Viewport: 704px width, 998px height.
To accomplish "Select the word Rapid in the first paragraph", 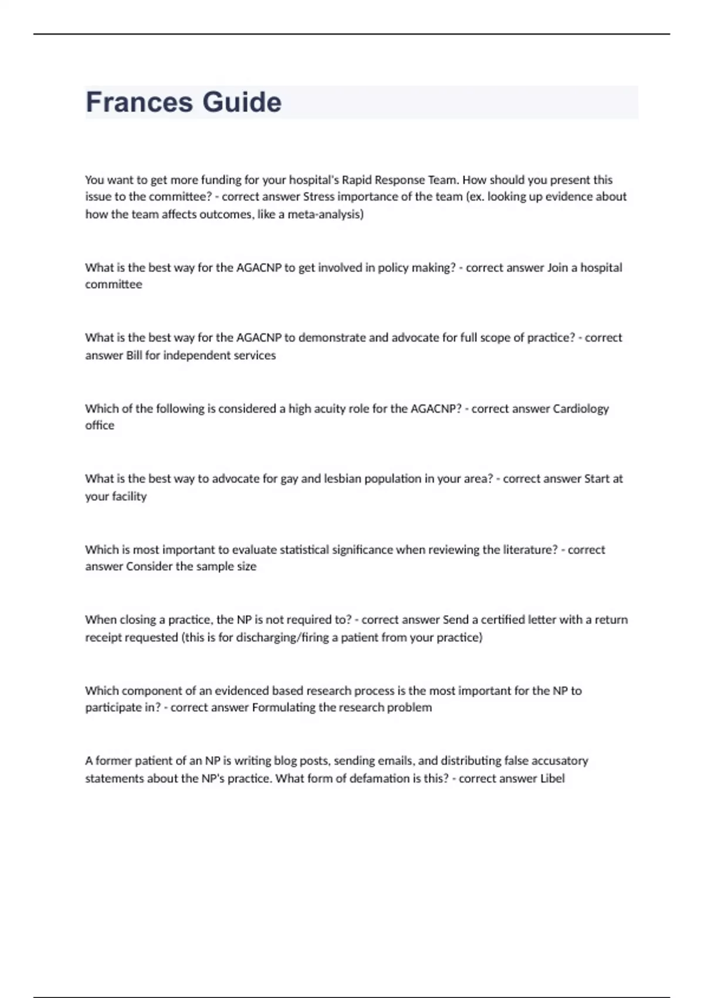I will point(358,180).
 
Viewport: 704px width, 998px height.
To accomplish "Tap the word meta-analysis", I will point(324,214).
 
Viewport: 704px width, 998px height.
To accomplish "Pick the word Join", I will point(557,268).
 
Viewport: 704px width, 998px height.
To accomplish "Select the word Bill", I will point(134,355).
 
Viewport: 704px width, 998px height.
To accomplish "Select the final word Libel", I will point(552,778).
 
